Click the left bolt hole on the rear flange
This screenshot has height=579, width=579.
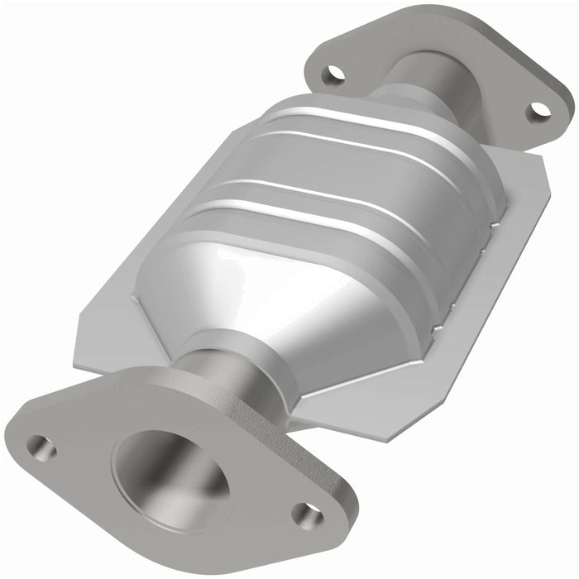333,73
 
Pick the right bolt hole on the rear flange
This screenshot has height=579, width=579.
538,109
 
